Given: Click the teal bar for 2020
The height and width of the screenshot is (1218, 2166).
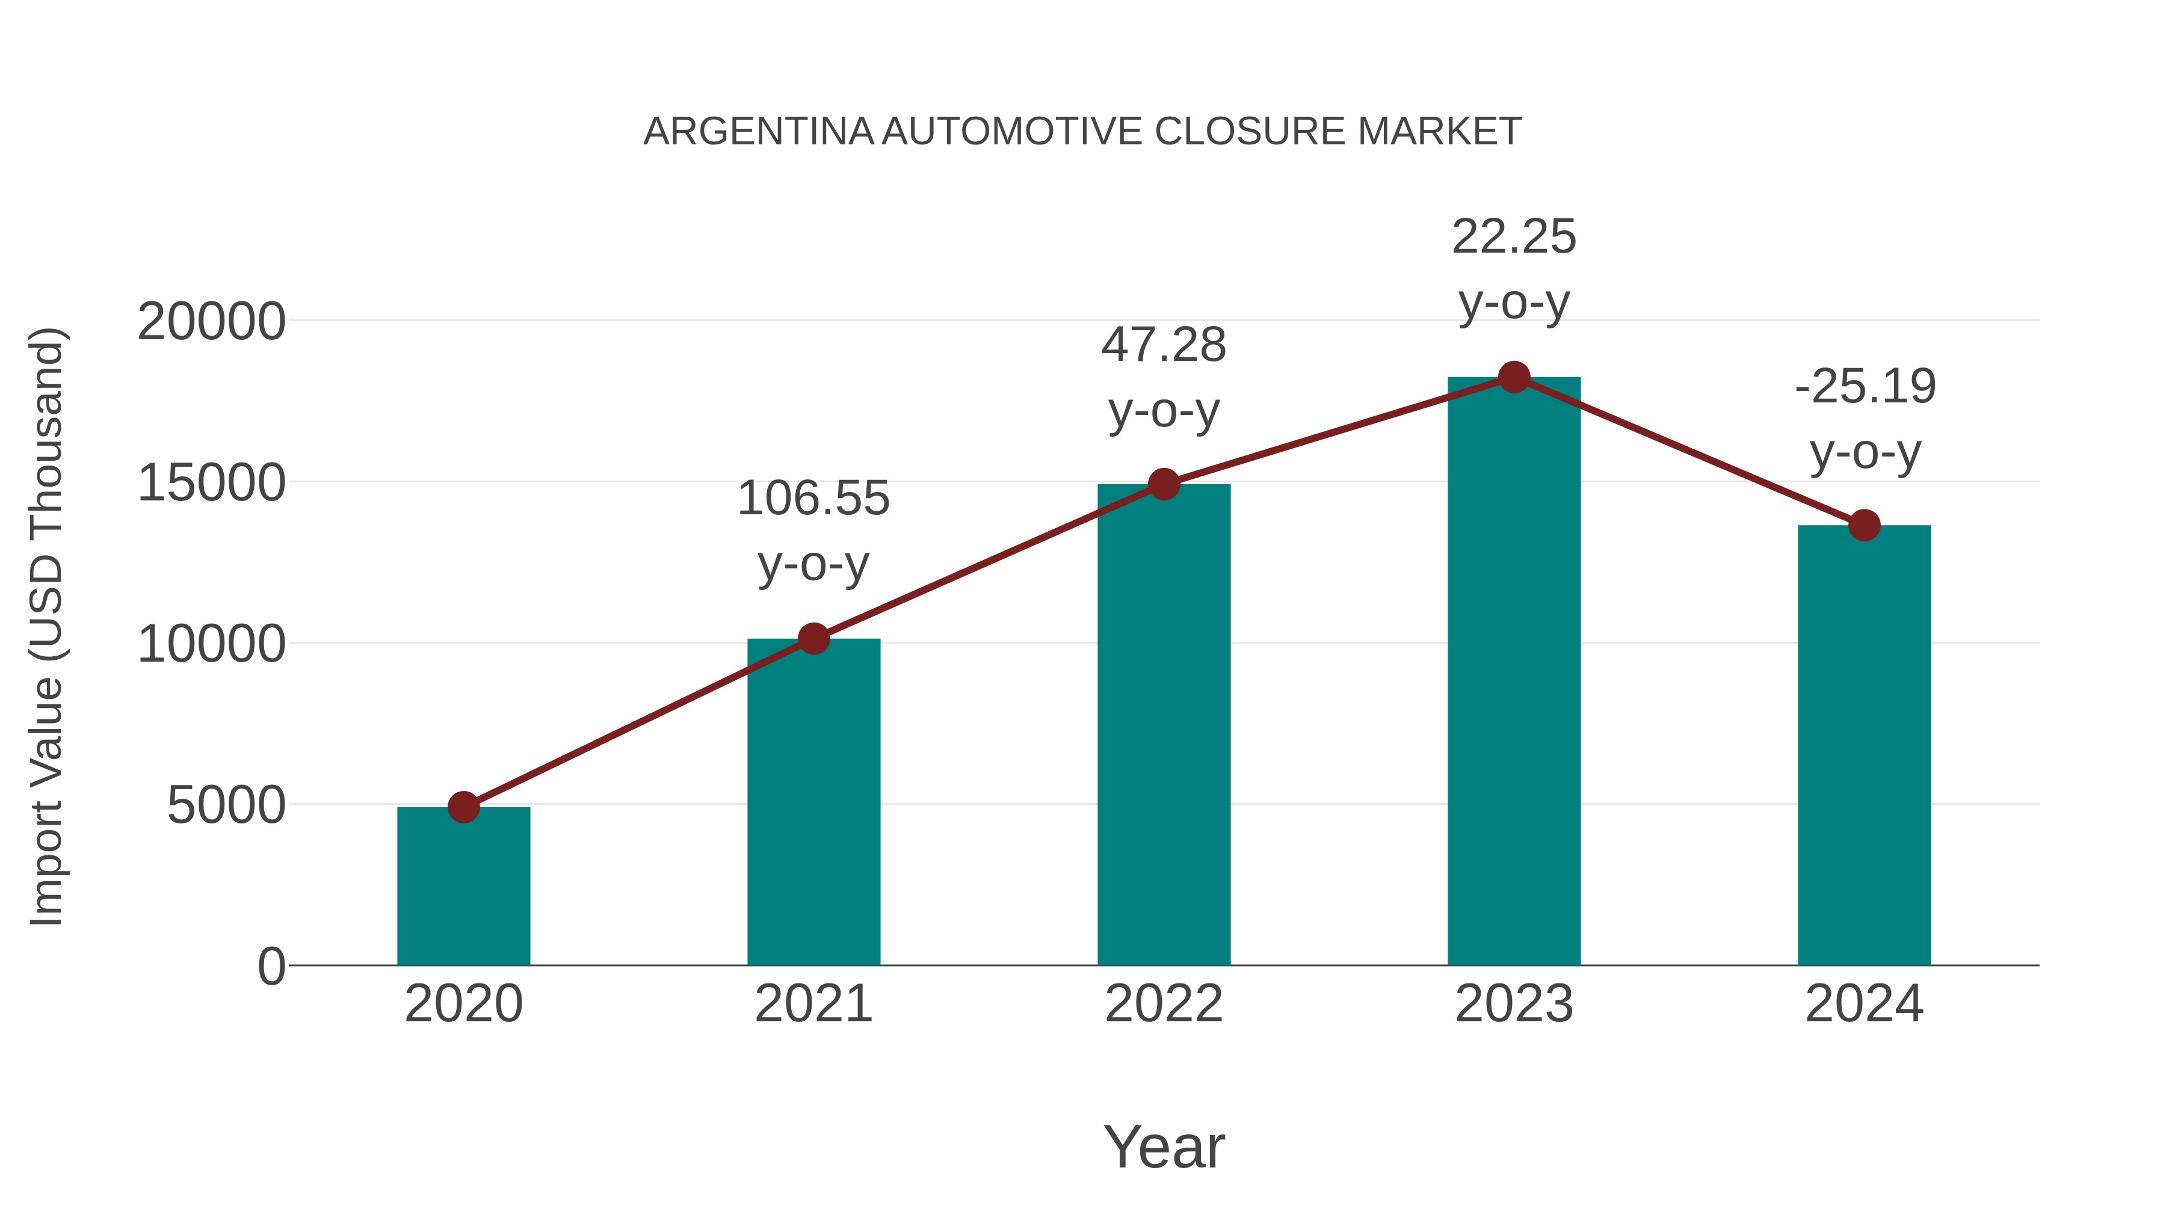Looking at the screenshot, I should pos(463,887).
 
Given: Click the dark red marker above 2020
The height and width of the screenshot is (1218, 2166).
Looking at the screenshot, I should pos(463,808).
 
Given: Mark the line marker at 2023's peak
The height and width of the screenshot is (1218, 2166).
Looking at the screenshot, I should pos(1514,377).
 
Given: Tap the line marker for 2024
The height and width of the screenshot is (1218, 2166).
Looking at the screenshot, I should pos(1864,525).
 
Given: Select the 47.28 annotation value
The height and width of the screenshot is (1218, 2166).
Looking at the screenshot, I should pos(1164,345).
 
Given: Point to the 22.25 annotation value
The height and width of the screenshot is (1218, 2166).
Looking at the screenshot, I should pos(1514,237).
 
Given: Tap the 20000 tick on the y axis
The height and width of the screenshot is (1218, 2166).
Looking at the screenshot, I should pos(211,322).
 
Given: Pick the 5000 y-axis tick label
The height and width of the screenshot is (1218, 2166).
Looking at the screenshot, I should pos(226,805).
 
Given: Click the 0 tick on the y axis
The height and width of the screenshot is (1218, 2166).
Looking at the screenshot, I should pos(271,967).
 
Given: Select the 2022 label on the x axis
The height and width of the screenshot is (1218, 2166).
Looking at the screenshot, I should pos(1164,1004).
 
